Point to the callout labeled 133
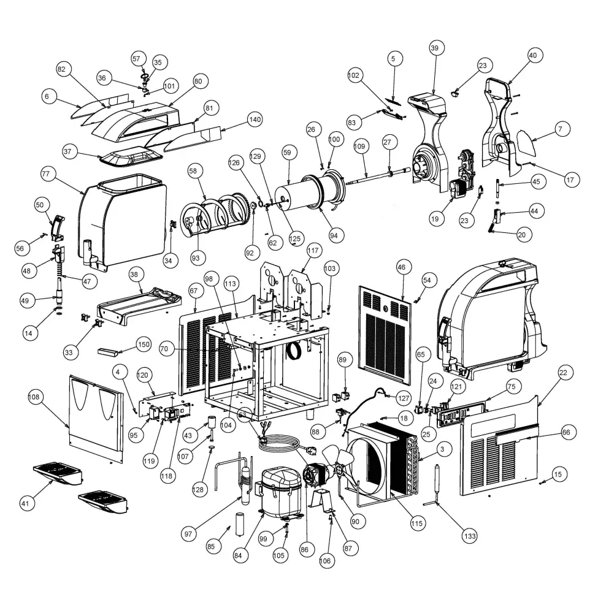coord(470,535)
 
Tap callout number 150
coord(144,345)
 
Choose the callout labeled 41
coord(25,504)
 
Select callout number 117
coord(314,250)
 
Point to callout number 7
coord(560,129)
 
